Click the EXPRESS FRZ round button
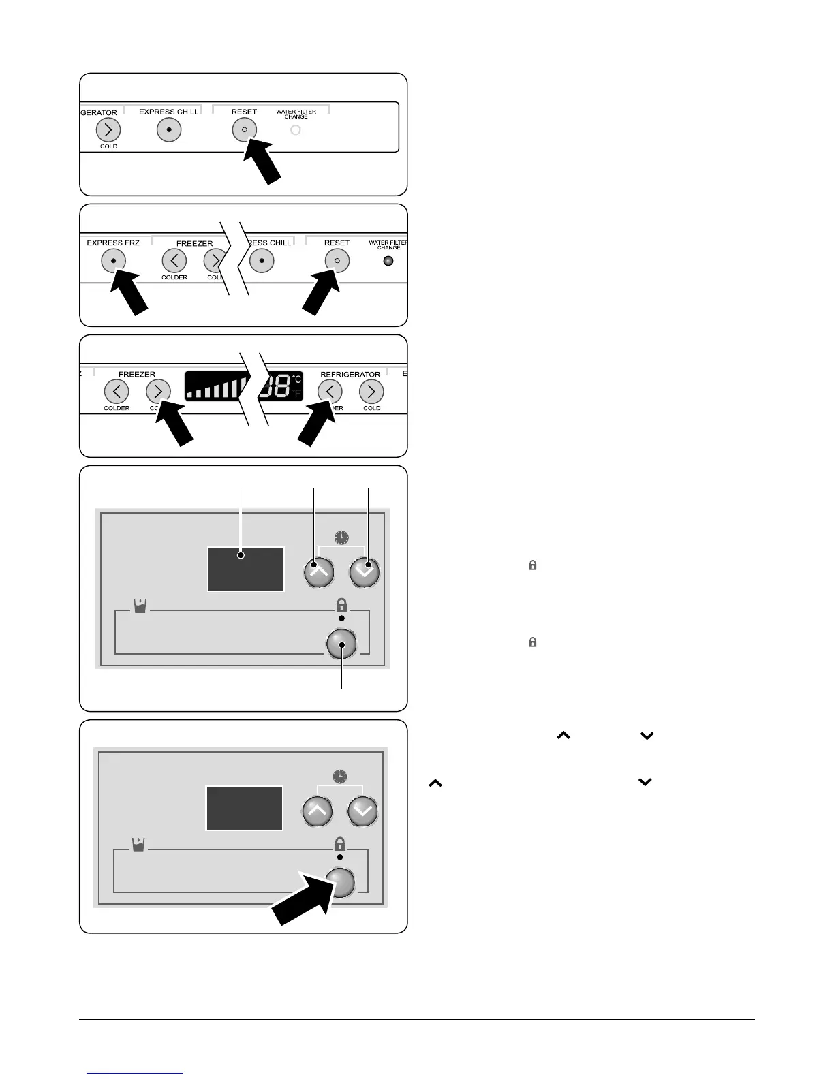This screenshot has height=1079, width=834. coord(113,261)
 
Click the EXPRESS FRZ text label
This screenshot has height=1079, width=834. coord(113,243)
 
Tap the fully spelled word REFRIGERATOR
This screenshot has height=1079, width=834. coord(350,375)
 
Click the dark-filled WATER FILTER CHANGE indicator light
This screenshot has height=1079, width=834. coord(388,261)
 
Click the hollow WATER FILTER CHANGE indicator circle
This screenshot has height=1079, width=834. coord(296,130)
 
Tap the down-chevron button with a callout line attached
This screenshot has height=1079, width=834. coord(365,572)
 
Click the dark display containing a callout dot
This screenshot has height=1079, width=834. coord(245,569)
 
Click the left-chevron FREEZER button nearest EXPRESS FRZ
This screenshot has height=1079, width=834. coord(174,260)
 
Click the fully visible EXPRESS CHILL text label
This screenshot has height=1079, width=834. coord(169,112)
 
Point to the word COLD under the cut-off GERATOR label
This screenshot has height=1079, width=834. coord(109,146)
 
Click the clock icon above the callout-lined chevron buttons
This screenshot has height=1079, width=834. coord(341,538)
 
